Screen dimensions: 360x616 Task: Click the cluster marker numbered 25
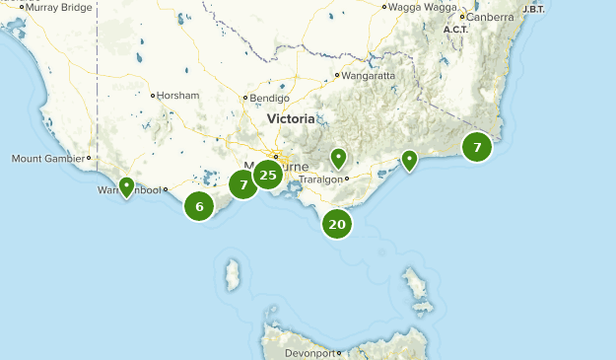click(x=267, y=176)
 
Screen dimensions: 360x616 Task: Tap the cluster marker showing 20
click(x=337, y=224)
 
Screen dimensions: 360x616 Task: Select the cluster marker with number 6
click(x=199, y=206)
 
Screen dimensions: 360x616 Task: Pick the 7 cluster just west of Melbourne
click(x=243, y=184)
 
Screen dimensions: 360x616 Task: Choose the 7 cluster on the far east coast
click(x=477, y=148)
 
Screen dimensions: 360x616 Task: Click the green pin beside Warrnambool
click(x=126, y=186)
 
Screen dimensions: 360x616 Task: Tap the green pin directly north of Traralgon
click(x=338, y=158)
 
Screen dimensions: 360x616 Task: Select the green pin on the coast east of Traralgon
click(x=408, y=160)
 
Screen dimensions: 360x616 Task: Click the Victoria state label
click(x=291, y=119)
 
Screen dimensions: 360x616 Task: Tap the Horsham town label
click(x=180, y=96)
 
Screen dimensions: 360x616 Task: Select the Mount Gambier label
click(x=47, y=158)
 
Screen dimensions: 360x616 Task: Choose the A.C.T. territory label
click(x=455, y=30)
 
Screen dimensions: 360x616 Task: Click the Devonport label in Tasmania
click(x=309, y=352)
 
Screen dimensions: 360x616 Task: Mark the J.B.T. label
click(x=533, y=9)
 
